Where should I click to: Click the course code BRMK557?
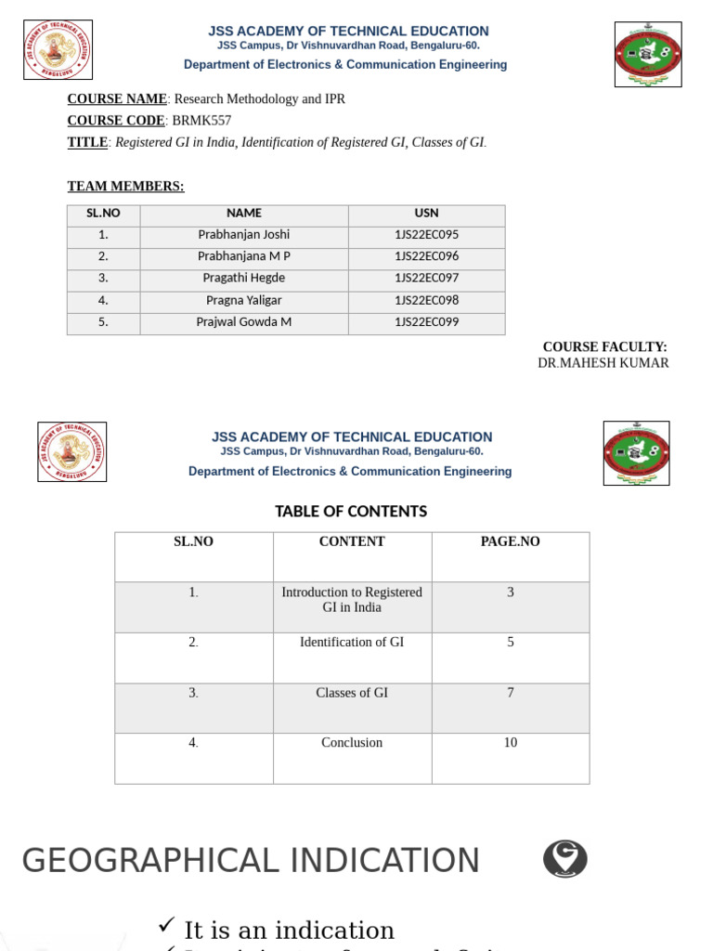pyautogui.click(x=201, y=121)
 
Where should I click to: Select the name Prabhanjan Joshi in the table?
pyautogui.click(x=243, y=235)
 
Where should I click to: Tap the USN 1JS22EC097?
pyautogui.click(x=426, y=278)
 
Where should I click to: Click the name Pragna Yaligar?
pyautogui.click(x=243, y=300)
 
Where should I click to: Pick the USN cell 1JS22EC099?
pyautogui.click(x=426, y=322)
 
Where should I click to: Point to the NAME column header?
pyautogui.click(x=243, y=213)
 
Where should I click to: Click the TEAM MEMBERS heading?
pyautogui.click(x=125, y=187)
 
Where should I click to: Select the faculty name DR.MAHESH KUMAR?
pyautogui.click(x=603, y=363)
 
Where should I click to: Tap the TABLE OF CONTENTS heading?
pyautogui.click(x=351, y=512)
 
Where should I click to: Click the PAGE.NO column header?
pyautogui.click(x=510, y=541)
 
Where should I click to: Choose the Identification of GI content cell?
pyautogui.click(x=352, y=642)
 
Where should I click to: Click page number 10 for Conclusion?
pyautogui.click(x=510, y=742)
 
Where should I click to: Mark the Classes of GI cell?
pyautogui.click(x=352, y=692)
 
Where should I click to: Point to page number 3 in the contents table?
pyautogui.click(x=510, y=592)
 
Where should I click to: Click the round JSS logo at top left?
pyautogui.click(x=58, y=49)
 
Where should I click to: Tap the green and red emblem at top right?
pyautogui.click(x=648, y=54)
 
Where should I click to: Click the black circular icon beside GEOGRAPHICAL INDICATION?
pyautogui.click(x=564, y=859)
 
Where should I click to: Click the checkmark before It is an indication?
pyautogui.click(x=166, y=924)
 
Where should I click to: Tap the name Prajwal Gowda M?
pyautogui.click(x=243, y=322)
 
